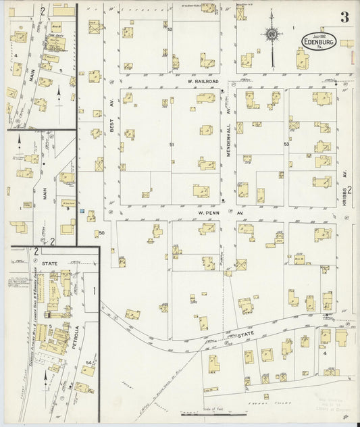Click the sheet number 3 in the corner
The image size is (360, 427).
pos(344,18)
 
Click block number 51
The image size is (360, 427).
pos(172,145)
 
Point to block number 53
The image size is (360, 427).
pos(286,144)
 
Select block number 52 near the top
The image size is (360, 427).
pos(170,30)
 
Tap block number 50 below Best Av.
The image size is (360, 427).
pos(101,233)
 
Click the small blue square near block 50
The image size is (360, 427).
pos(82,211)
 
